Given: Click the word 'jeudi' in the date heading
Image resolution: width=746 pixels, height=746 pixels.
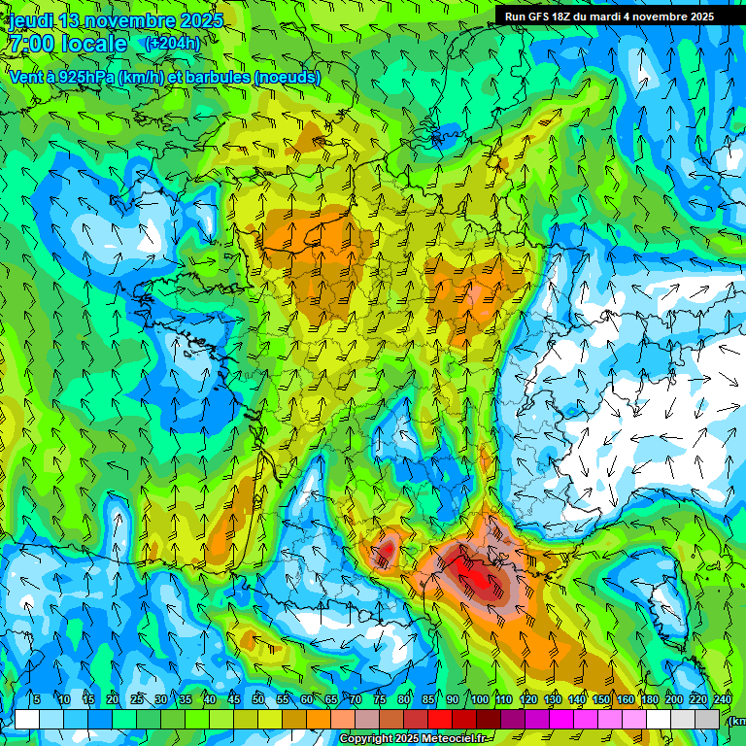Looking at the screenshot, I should (x=31, y=20).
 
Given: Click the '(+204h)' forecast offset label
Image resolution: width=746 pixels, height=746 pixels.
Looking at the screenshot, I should (x=172, y=43).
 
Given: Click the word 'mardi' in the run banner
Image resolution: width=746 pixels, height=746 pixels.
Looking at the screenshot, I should (x=609, y=17).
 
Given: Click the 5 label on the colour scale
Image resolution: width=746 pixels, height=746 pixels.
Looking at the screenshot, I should (x=36, y=699).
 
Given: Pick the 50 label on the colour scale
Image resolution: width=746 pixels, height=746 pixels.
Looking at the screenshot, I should (x=257, y=699).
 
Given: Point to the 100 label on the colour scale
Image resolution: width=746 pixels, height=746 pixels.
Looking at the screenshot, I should (x=480, y=699).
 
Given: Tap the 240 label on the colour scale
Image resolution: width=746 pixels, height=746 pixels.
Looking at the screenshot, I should (x=723, y=699).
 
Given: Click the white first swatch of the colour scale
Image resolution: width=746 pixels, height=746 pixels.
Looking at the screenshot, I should (x=26, y=719).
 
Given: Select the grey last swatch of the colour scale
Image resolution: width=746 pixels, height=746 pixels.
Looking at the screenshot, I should (x=707, y=719).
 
